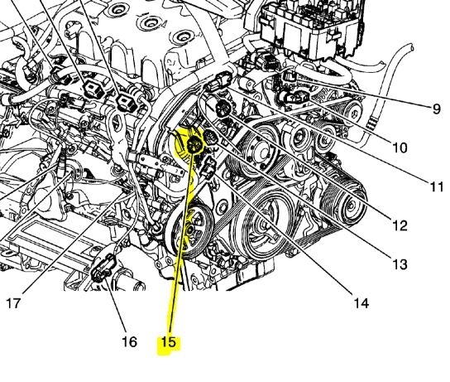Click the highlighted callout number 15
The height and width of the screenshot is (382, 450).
coord(168,342)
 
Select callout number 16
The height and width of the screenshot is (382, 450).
coord(129,342)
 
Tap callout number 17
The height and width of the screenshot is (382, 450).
coord(13,303)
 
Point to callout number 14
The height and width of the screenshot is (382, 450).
coord(361,303)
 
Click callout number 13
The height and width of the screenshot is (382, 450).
coord(400,264)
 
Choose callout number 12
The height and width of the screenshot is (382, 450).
coord(400,226)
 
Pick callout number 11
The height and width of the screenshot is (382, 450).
coord(438,186)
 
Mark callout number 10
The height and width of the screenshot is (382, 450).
coord(400,147)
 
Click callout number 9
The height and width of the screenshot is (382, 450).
coord(437,109)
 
